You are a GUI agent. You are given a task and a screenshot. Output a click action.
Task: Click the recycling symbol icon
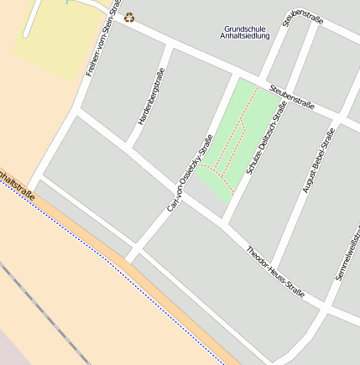click(129, 17)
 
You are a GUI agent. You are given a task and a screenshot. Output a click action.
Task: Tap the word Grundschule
click(245, 29)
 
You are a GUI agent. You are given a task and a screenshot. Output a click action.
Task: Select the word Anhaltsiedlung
click(245, 36)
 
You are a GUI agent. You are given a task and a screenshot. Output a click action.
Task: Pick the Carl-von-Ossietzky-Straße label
click(190, 171)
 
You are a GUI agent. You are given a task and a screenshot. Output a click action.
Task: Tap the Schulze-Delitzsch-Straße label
click(266, 138)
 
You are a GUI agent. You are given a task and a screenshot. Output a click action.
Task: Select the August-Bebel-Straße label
click(318, 160)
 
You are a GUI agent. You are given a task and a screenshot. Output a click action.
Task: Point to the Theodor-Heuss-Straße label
click(275, 271)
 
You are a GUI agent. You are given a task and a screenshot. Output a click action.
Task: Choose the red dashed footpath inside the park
click(239, 134)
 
